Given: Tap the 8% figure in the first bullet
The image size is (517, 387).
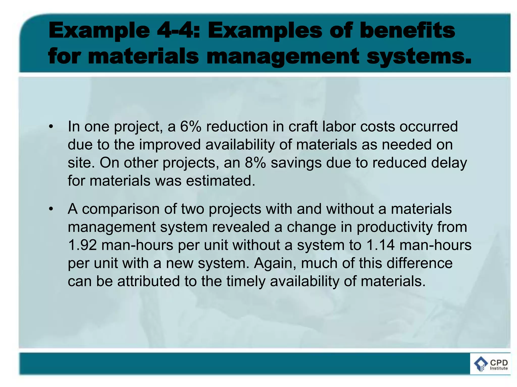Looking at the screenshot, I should pos(255,163).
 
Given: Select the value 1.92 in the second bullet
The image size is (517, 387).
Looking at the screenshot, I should pos(82,245).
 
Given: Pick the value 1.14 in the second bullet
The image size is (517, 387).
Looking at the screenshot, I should pos(380,245).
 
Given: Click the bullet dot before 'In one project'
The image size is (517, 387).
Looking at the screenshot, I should pos(51,127).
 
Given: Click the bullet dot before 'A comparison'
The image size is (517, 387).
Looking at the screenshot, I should pos(51,209).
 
